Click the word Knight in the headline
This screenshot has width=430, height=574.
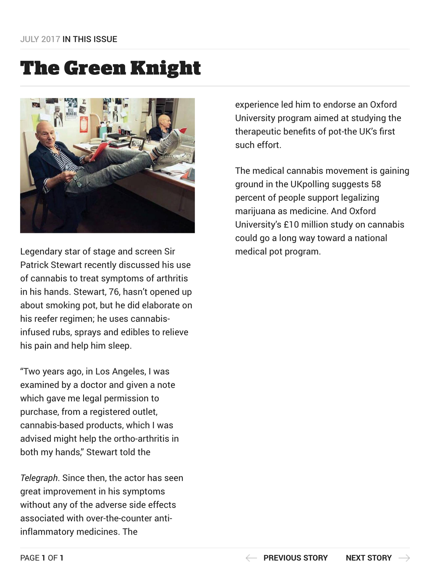[165, 68]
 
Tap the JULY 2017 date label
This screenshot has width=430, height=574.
[40, 39]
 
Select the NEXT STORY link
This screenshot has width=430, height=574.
[368, 558]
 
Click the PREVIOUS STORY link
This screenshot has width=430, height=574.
[295, 558]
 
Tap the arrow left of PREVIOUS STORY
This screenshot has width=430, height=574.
[251, 558]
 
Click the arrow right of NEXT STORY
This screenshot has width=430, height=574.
[404, 558]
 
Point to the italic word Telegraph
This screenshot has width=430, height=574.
[39, 478]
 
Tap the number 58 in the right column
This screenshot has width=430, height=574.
[376, 184]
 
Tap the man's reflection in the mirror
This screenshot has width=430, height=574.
[162, 127]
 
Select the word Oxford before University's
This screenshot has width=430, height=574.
[362, 211]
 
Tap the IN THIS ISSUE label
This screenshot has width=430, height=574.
[90, 39]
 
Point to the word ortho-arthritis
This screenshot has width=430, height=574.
[141, 438]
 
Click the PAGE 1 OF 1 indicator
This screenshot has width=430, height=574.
[42, 558]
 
